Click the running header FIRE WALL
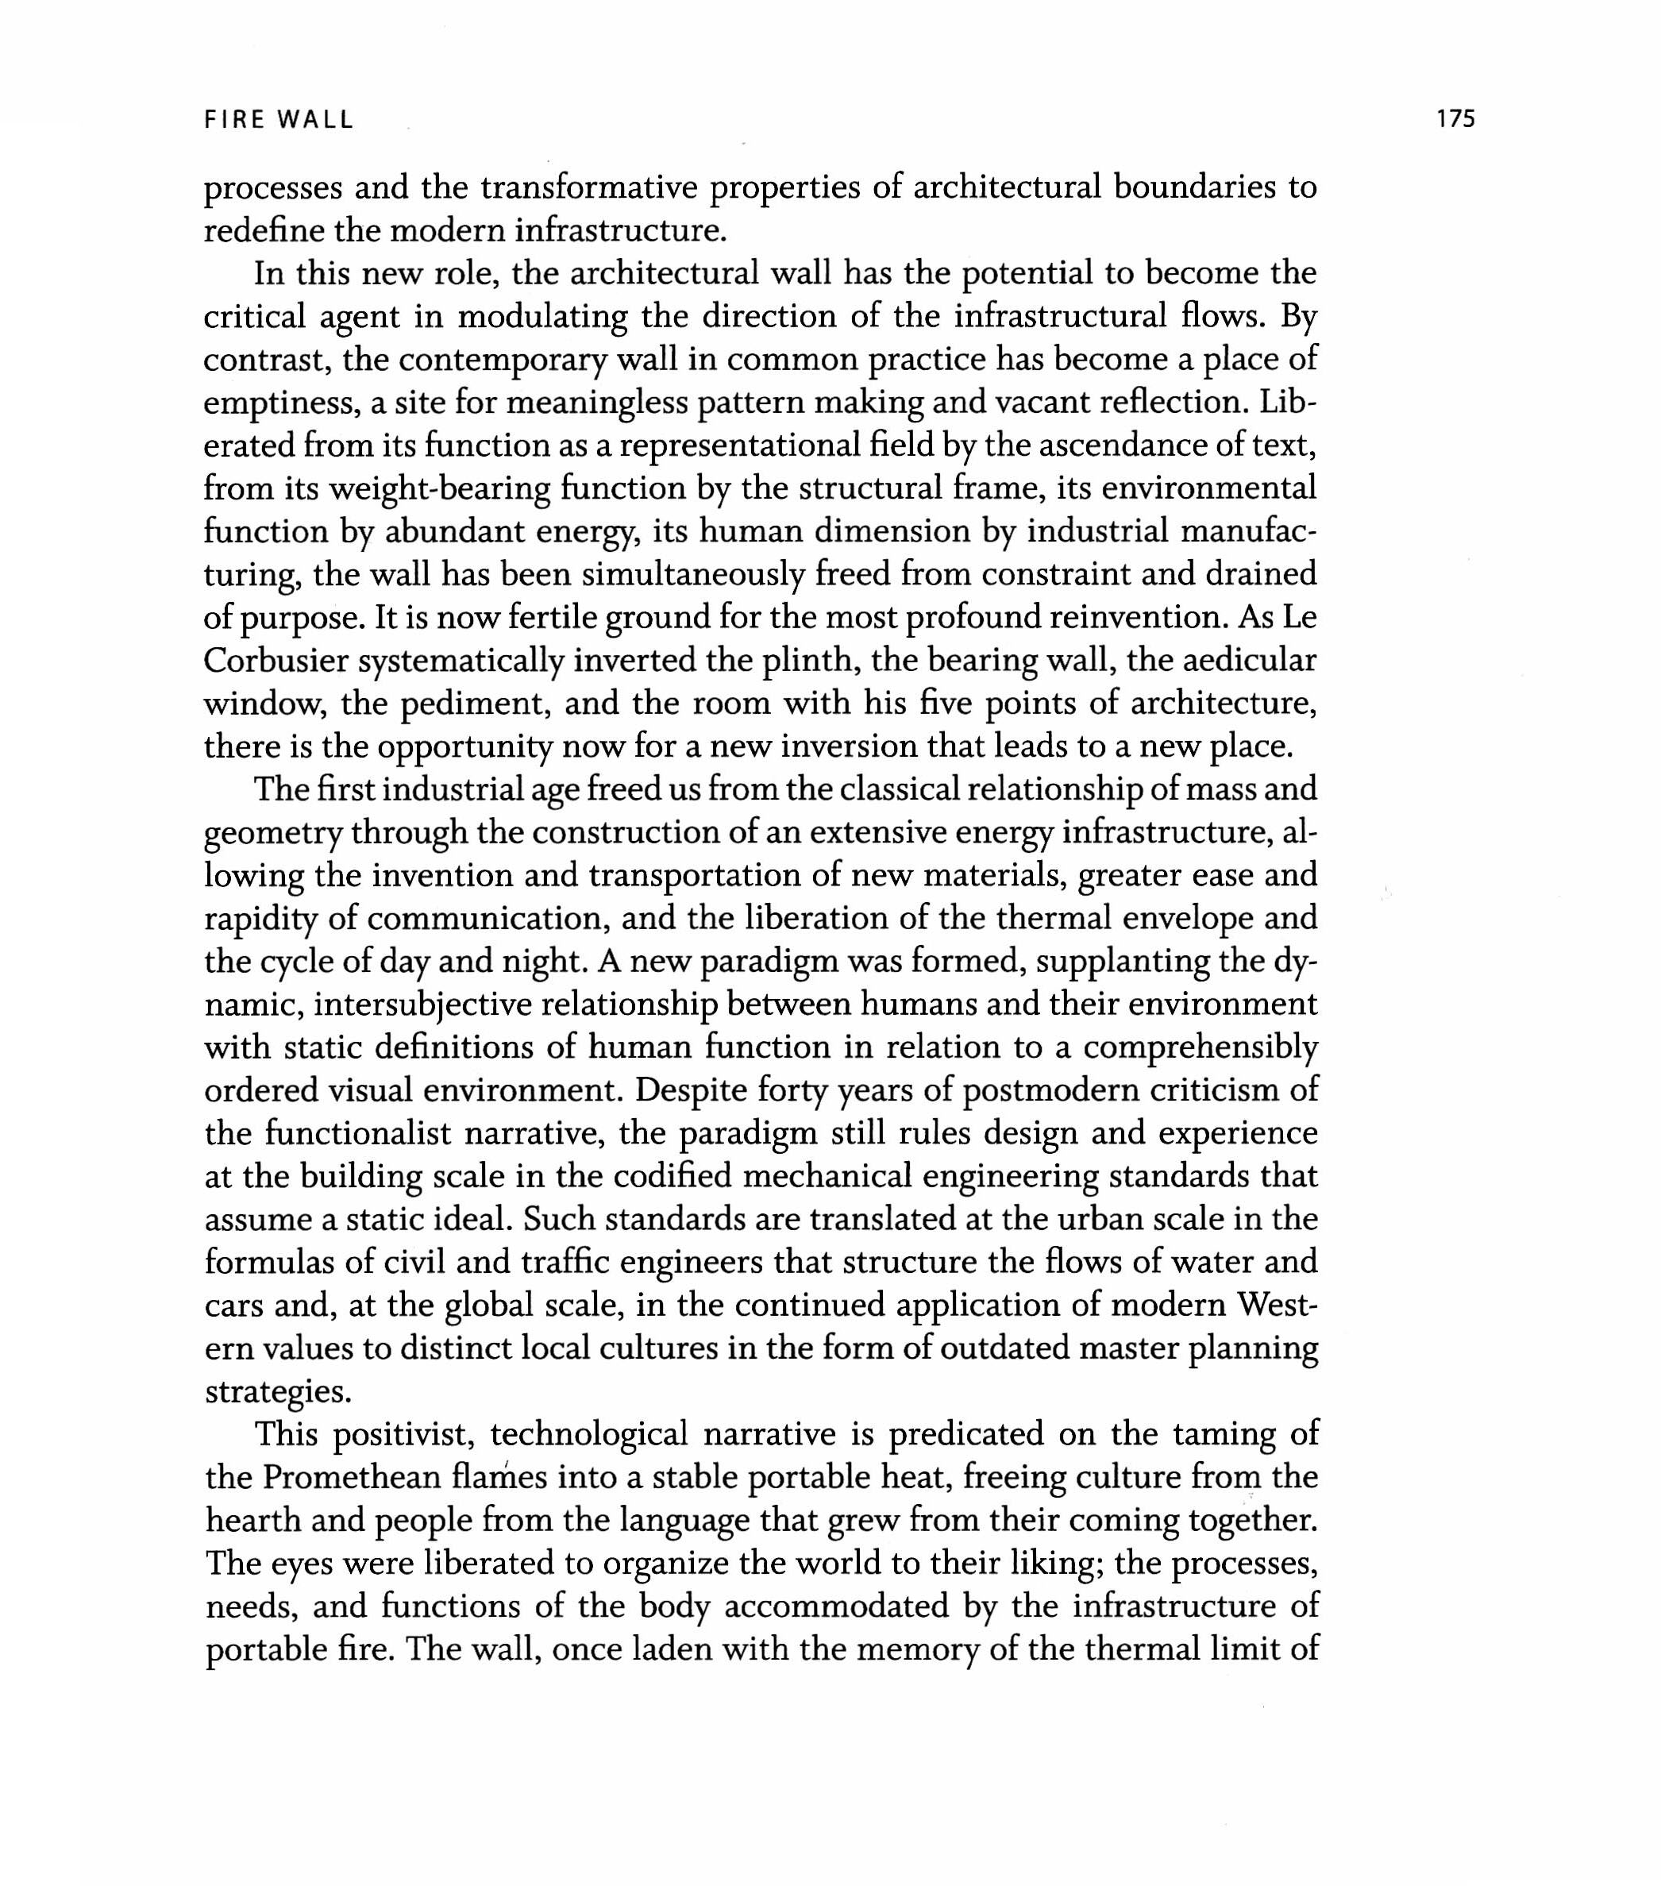pos(279,120)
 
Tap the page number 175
pos(1455,119)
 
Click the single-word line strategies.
pos(278,1391)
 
